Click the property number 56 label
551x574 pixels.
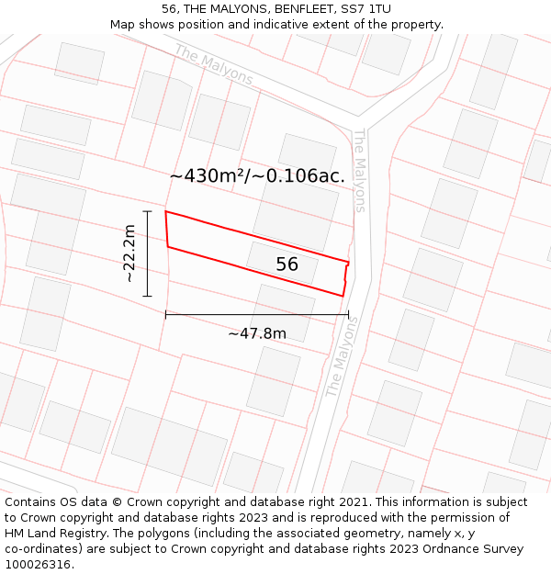point(287,264)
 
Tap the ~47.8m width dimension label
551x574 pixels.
point(257,333)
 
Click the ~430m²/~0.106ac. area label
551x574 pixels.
point(257,175)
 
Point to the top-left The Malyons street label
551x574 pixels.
point(213,64)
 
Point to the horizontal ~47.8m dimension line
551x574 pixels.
point(257,314)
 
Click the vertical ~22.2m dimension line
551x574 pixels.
point(147,253)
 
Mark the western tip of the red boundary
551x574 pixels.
point(166,213)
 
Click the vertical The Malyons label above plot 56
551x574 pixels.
point(359,170)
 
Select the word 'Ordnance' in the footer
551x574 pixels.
point(455,548)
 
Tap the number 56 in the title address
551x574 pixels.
point(169,8)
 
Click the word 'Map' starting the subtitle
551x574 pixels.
point(123,24)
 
